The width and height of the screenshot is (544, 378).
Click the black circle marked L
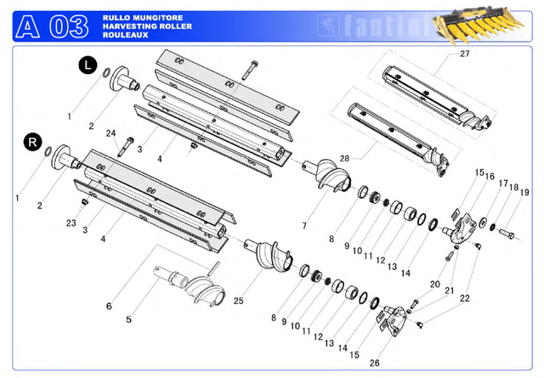pos(88,64)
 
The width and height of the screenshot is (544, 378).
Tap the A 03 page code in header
pos(51,27)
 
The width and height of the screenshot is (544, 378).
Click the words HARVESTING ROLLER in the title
pos(146,26)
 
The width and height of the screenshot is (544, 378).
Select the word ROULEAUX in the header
pos(122,36)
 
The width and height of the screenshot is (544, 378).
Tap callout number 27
pos(464,54)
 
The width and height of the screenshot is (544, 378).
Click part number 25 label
pos(239,301)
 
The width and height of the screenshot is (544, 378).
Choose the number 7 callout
pos(303,225)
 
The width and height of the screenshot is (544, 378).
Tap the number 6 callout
pos(109,305)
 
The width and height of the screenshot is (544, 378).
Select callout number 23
pos(71,223)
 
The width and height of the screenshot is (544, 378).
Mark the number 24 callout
pos(111,133)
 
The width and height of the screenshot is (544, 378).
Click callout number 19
pos(524,193)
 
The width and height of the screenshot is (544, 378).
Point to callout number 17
pos(503,183)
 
